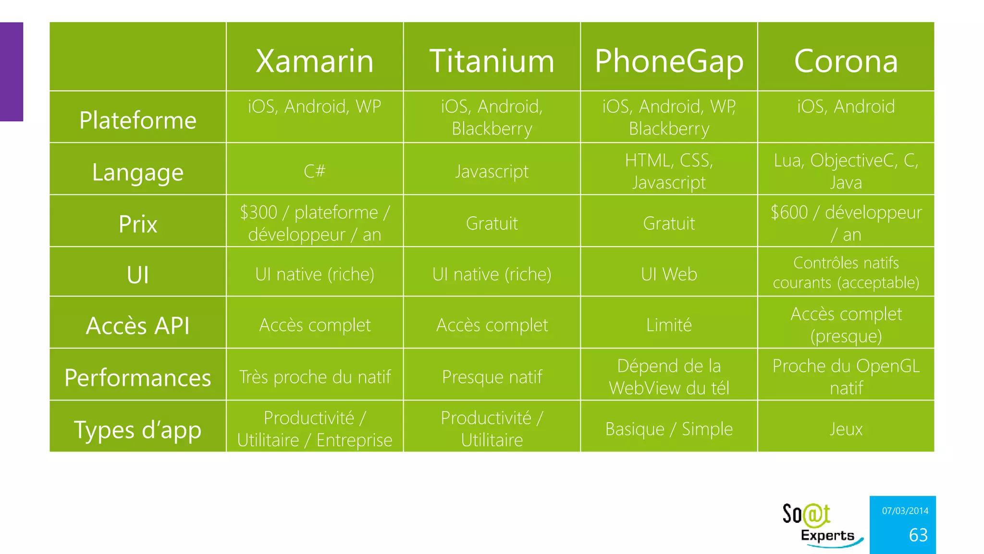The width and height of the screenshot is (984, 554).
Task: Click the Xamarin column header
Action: pos(315,61)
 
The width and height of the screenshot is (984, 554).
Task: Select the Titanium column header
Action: pos(492,61)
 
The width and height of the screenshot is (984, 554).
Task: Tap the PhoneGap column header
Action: pos(669,61)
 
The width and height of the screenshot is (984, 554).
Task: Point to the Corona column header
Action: pos(846,61)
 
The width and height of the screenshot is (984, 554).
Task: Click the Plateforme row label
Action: pos(138,120)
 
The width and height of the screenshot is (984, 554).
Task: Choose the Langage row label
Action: pos(138,172)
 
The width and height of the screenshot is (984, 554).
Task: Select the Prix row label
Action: pos(138,224)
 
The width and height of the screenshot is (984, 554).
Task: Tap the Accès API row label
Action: pos(138,326)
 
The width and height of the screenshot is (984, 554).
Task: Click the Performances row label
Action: pos(138,378)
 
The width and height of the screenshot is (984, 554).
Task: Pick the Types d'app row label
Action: pos(138,429)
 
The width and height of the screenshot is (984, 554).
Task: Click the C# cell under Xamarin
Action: pos(315,171)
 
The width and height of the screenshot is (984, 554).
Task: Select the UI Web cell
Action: pos(669,274)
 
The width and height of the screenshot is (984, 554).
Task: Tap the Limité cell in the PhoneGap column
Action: pos(669,325)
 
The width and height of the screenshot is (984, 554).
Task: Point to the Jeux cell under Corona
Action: pos(846,428)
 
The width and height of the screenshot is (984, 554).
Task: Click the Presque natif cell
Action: pos(492,377)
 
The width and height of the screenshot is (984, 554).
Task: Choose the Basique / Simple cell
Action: pos(669,428)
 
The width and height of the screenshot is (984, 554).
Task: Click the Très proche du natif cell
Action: pos(315,377)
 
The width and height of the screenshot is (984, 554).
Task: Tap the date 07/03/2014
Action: pos(905,511)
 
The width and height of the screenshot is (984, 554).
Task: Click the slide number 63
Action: pos(918,535)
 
